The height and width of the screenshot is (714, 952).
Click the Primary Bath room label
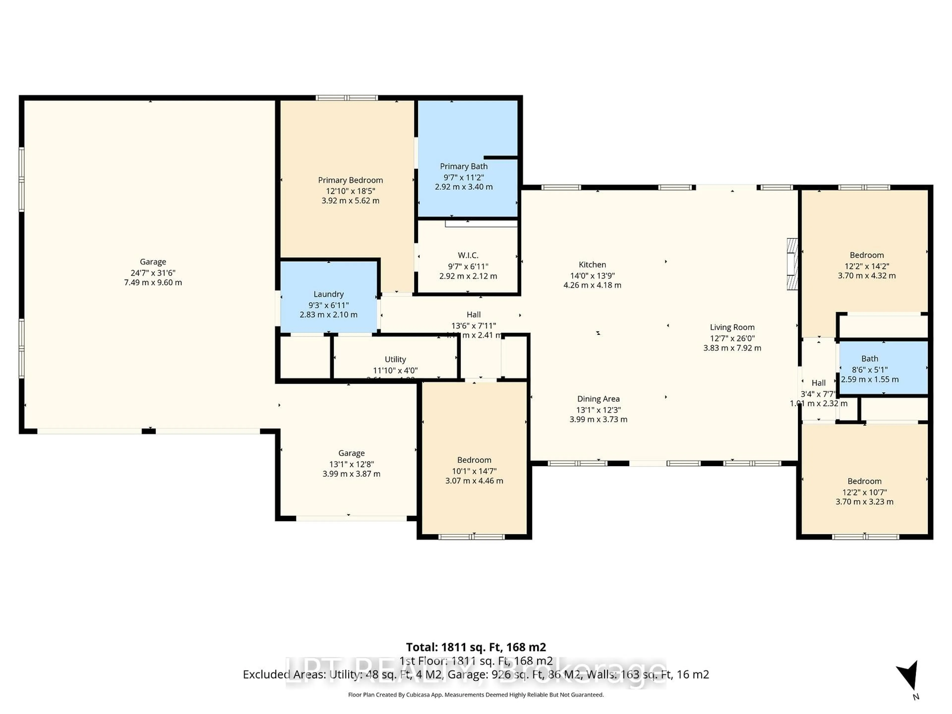click(x=464, y=166)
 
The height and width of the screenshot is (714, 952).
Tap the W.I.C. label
click(x=468, y=255)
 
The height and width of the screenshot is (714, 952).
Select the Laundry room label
click(x=328, y=294)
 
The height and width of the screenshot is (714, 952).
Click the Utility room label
click(x=395, y=359)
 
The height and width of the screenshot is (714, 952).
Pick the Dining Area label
click(x=598, y=399)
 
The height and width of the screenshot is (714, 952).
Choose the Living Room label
click(x=732, y=327)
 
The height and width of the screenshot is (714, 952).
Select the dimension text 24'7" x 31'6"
click(x=153, y=272)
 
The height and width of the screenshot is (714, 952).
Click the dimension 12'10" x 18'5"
click(x=350, y=191)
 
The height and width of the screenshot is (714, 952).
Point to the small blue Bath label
click(x=869, y=358)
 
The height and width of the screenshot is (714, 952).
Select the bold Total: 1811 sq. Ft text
click(x=476, y=647)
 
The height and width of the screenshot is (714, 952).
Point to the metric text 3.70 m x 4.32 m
click(x=866, y=275)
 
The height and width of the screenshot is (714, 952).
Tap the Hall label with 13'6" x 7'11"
click(x=474, y=315)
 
